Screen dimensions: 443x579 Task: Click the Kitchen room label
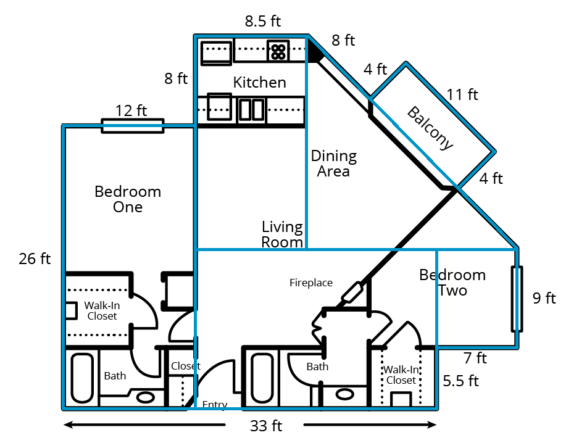coord(259,82)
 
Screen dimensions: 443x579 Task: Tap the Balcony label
coord(430,128)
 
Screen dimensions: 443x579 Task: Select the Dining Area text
coord(333,164)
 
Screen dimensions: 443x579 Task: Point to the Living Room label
coord(282,234)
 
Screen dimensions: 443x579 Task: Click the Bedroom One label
coord(128,199)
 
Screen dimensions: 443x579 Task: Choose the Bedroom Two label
coord(452,282)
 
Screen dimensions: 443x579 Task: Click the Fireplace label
coord(311,283)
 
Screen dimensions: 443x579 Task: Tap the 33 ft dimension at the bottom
coord(266,426)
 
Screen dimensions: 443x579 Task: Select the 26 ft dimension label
coord(35,259)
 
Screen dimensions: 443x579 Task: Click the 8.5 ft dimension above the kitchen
coord(263,21)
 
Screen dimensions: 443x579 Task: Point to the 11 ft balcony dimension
coord(463,94)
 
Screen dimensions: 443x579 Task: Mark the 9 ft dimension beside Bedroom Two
coord(544,299)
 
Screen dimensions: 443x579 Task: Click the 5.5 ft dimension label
coord(461,381)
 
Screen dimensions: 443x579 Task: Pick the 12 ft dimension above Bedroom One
coord(131,111)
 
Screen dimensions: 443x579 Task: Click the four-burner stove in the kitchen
coord(278,51)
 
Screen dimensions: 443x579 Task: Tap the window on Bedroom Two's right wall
coord(517,299)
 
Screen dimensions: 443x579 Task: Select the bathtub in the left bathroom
coord(82,377)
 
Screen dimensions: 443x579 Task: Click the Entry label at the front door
coord(215,405)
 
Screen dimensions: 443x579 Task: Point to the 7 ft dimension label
coord(475,358)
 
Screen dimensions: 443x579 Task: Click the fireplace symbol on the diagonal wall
coord(352,292)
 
